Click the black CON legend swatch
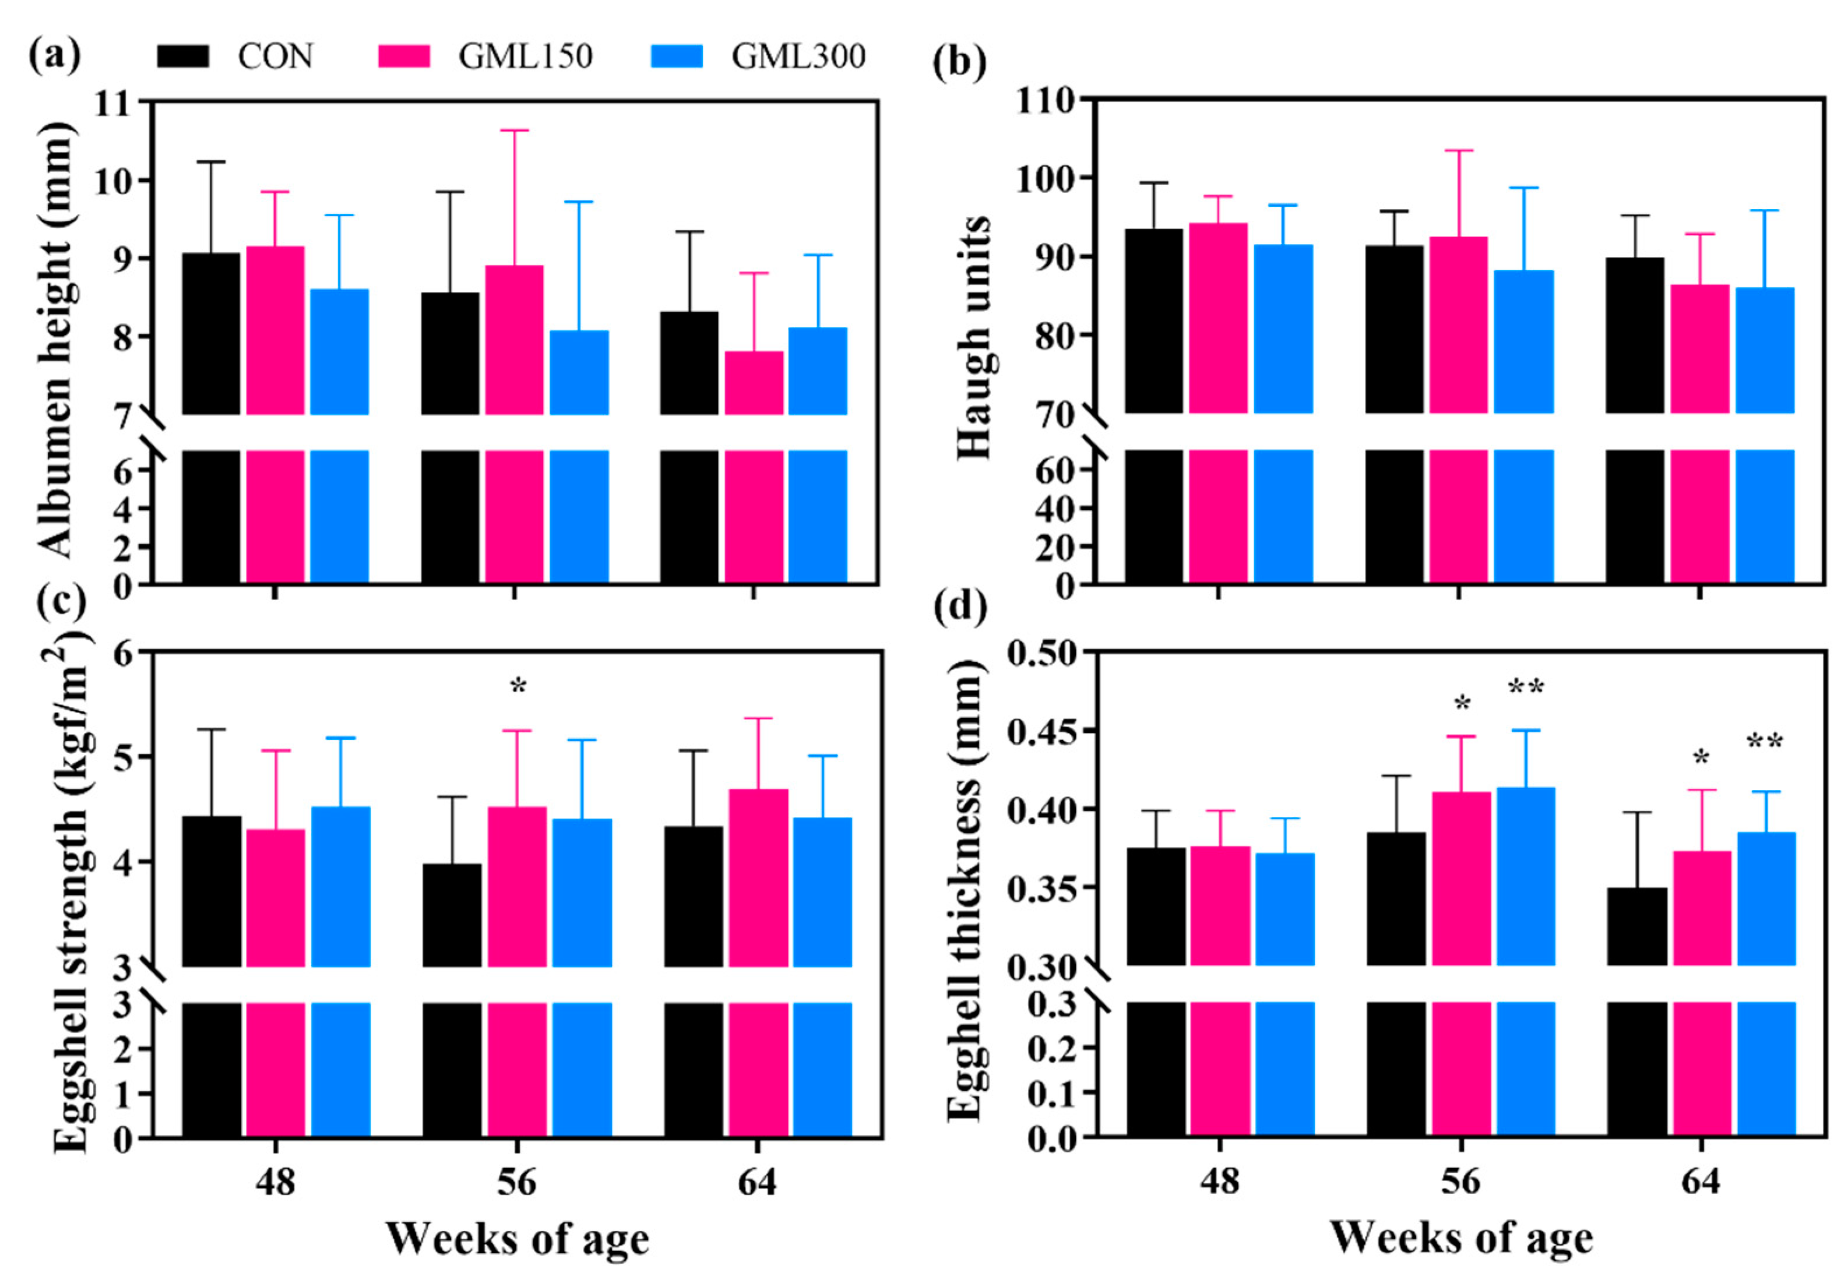[183, 56]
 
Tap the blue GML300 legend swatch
[676, 56]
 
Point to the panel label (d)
[959, 607]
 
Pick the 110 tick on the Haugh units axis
[1045, 100]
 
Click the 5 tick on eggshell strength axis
[122, 757]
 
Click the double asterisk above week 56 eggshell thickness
[1526, 688]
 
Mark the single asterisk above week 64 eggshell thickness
[1701, 759]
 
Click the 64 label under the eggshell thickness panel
[1701, 1182]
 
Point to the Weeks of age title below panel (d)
[1462, 1238]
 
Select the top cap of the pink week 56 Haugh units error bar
[1459, 150]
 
